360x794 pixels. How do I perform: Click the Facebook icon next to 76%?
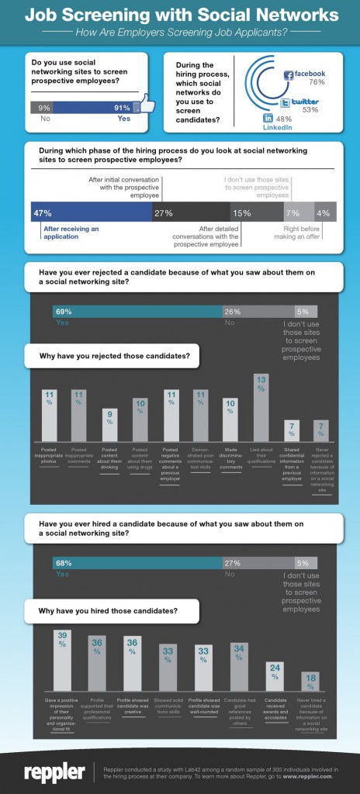[289, 74]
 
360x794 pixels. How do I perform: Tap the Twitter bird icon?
[285, 102]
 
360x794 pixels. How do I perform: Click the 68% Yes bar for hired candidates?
[137, 563]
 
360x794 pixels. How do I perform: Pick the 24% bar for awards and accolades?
[273, 677]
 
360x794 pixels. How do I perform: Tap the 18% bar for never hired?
[310, 682]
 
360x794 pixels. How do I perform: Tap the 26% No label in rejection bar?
[232, 312]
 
